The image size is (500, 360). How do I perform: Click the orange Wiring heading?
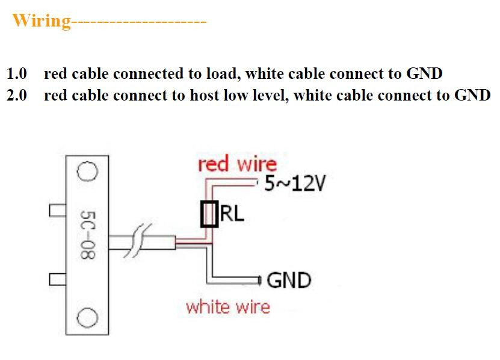(x=42, y=20)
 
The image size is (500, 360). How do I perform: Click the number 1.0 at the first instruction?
(x=17, y=73)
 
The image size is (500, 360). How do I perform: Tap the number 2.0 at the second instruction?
(x=17, y=95)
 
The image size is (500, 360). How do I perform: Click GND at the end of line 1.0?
(x=424, y=73)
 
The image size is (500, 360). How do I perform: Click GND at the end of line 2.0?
(x=472, y=95)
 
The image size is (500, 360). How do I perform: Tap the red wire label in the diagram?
(x=237, y=164)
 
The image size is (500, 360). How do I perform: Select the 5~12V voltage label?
(x=295, y=184)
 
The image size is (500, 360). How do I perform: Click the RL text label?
(x=232, y=214)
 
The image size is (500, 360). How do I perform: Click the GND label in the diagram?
(x=289, y=280)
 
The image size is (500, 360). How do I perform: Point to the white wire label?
(x=228, y=307)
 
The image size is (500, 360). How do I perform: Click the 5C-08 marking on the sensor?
(x=88, y=235)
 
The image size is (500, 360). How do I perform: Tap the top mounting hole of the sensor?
(x=87, y=172)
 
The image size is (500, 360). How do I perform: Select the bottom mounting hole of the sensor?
(x=87, y=317)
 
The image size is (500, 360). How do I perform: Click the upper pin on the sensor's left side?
(x=57, y=211)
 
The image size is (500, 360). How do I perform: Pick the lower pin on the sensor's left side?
(x=57, y=279)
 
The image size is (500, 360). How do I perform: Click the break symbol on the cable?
(x=138, y=241)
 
